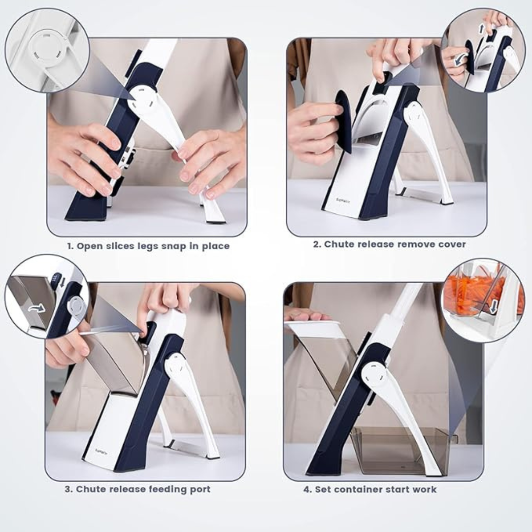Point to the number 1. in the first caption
[70, 246]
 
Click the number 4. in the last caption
[306, 489]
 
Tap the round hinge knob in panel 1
[142, 97]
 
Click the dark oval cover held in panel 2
[343, 121]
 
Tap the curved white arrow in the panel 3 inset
[37, 308]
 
